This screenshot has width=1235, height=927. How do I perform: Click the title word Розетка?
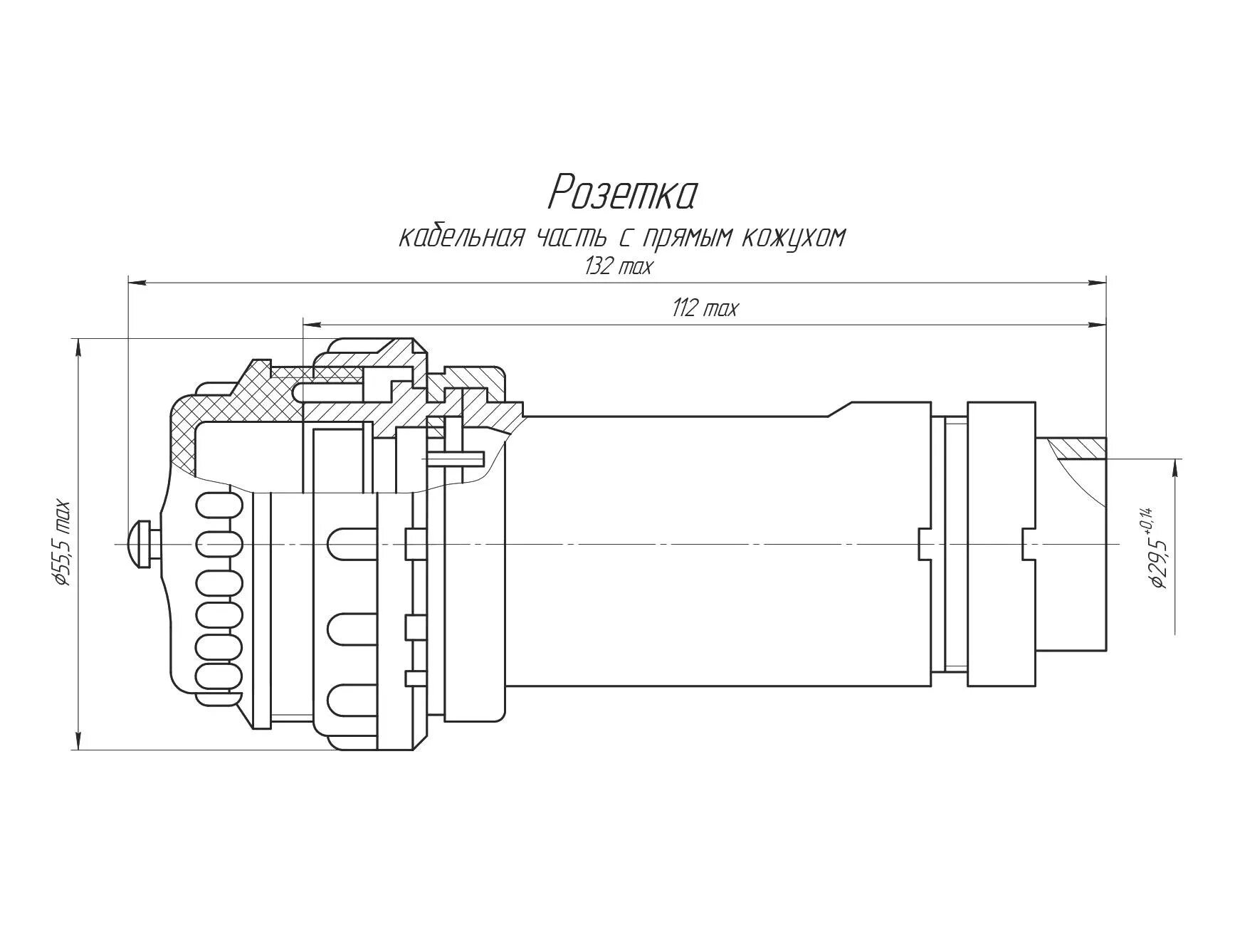(622, 193)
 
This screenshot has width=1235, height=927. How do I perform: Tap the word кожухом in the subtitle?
(794, 237)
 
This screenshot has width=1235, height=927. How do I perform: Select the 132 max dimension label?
(618, 266)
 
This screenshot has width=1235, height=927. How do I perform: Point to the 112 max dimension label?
(705, 308)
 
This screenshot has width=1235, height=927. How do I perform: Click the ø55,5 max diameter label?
(63, 543)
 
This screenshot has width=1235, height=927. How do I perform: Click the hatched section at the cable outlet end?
(1079, 449)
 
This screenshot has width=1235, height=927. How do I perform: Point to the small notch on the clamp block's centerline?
(1027, 545)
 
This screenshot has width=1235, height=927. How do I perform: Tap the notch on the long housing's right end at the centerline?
(925, 545)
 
